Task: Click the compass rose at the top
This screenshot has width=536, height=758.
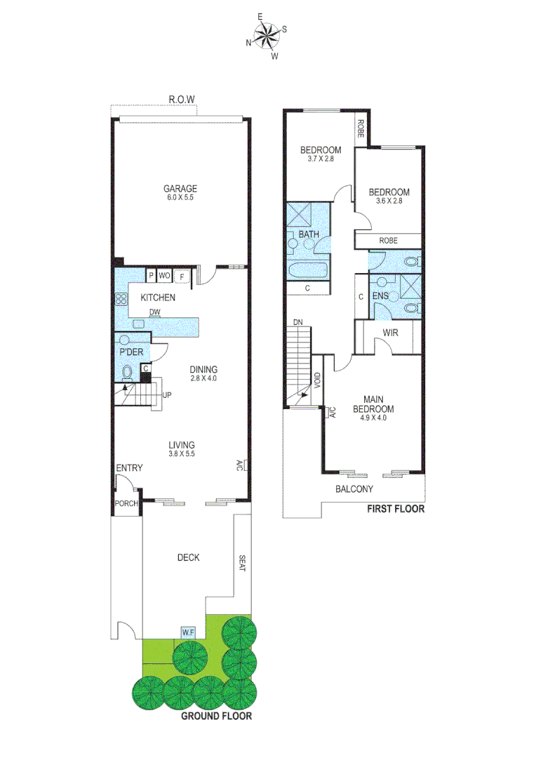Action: pos(266,36)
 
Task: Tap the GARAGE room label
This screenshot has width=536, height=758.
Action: pos(180,188)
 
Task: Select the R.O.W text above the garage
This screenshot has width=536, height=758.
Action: pos(181,100)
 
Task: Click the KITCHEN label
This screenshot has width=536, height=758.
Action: pos(158,298)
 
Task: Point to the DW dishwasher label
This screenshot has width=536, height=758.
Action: pos(156,313)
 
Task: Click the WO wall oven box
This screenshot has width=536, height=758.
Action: pos(164,276)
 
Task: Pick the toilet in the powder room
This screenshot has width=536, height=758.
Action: pos(128,371)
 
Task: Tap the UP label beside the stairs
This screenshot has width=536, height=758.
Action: pos(167,394)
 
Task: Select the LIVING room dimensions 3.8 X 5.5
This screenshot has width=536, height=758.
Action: pos(181,454)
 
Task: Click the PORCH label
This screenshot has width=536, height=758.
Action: pos(127,504)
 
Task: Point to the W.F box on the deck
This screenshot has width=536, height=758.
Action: pos(188,632)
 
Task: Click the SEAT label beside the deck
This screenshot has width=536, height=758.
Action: pos(242,564)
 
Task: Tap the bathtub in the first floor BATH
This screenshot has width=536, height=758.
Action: pos(307,271)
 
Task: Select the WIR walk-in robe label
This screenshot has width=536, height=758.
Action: pos(391,333)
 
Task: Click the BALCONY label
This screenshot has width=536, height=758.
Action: pos(354,489)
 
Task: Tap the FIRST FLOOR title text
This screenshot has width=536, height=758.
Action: pos(396,509)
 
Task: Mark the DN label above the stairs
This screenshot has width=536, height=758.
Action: pos(298,322)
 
